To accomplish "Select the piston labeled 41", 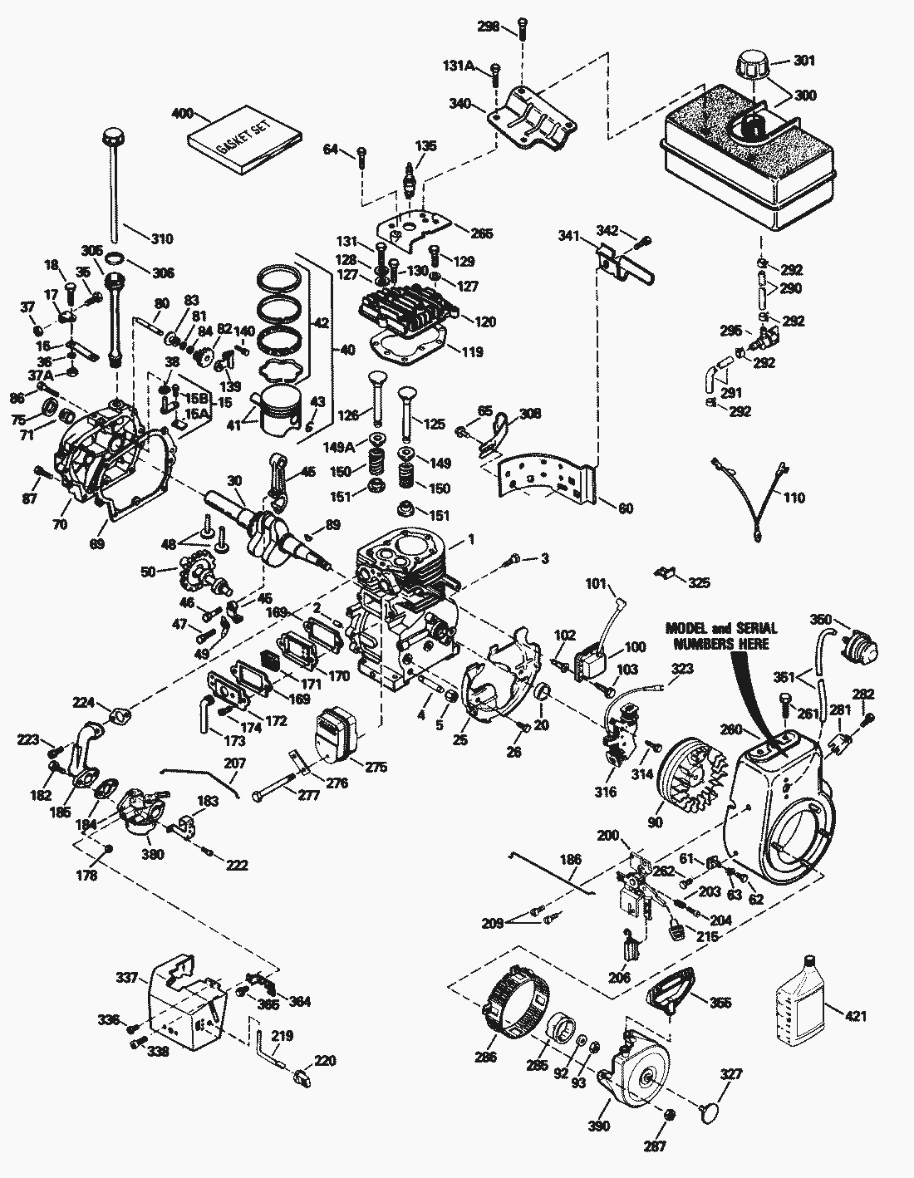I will (278, 410).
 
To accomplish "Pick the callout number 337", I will (126, 978).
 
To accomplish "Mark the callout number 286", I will (486, 1058).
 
